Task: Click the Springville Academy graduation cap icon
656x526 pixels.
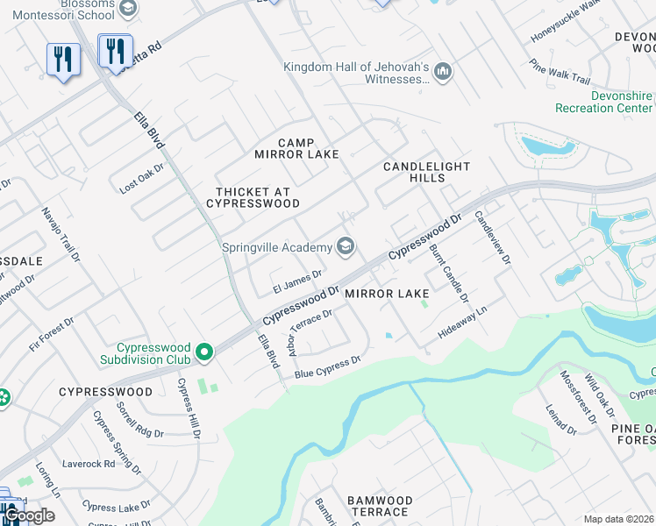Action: [346, 246]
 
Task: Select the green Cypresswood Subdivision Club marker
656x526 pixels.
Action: [204, 352]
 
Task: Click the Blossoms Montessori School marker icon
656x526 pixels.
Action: [128, 8]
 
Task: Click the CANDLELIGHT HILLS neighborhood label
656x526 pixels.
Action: [427, 172]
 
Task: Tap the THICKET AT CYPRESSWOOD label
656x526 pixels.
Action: [253, 197]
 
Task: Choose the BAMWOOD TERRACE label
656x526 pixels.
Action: [379, 506]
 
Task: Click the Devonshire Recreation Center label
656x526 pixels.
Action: [605, 102]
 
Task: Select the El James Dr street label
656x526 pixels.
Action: [297, 281]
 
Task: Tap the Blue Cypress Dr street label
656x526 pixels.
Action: [327, 366]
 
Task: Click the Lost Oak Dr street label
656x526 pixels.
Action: [142, 179]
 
